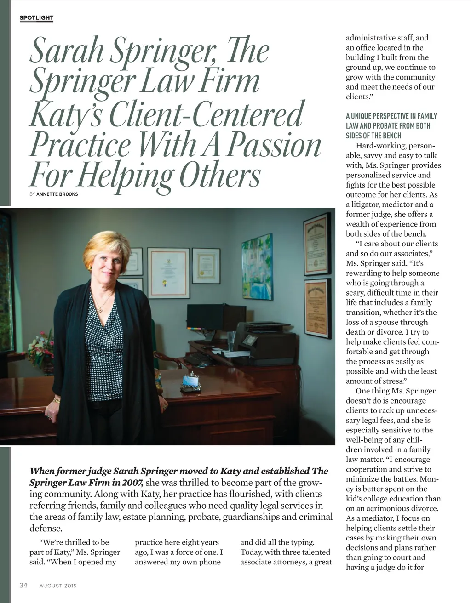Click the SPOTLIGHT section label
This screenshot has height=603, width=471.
coord(36,18)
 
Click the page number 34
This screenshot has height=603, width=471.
coord(23,585)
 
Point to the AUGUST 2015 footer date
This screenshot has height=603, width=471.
coord(58,586)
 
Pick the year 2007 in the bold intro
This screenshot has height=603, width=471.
coord(133,483)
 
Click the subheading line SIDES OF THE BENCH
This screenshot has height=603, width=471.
coord(373,136)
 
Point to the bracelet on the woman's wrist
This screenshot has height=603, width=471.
coord(57,400)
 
